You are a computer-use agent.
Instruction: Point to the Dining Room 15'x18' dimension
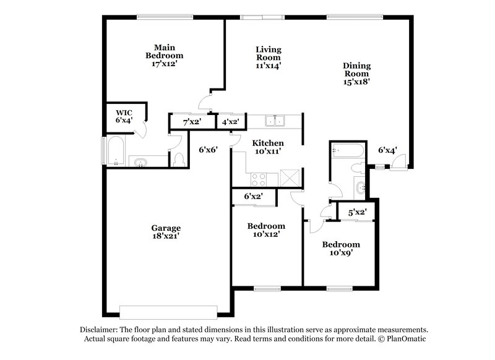pyautogui.click(x=356, y=80)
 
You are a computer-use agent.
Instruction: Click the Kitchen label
pyautogui.click(x=267, y=143)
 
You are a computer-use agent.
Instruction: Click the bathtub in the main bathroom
pyautogui.click(x=116, y=151)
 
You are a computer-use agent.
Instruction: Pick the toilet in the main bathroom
pyautogui.click(x=179, y=159)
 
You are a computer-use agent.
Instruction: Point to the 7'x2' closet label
pyautogui.click(x=191, y=122)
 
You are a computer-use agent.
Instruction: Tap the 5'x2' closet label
pyautogui.click(x=357, y=213)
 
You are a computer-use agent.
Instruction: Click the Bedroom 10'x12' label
pyautogui.click(x=266, y=230)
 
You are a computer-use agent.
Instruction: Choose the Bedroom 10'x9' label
pyautogui.click(x=340, y=249)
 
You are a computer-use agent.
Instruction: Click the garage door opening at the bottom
pyautogui.click(x=168, y=311)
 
